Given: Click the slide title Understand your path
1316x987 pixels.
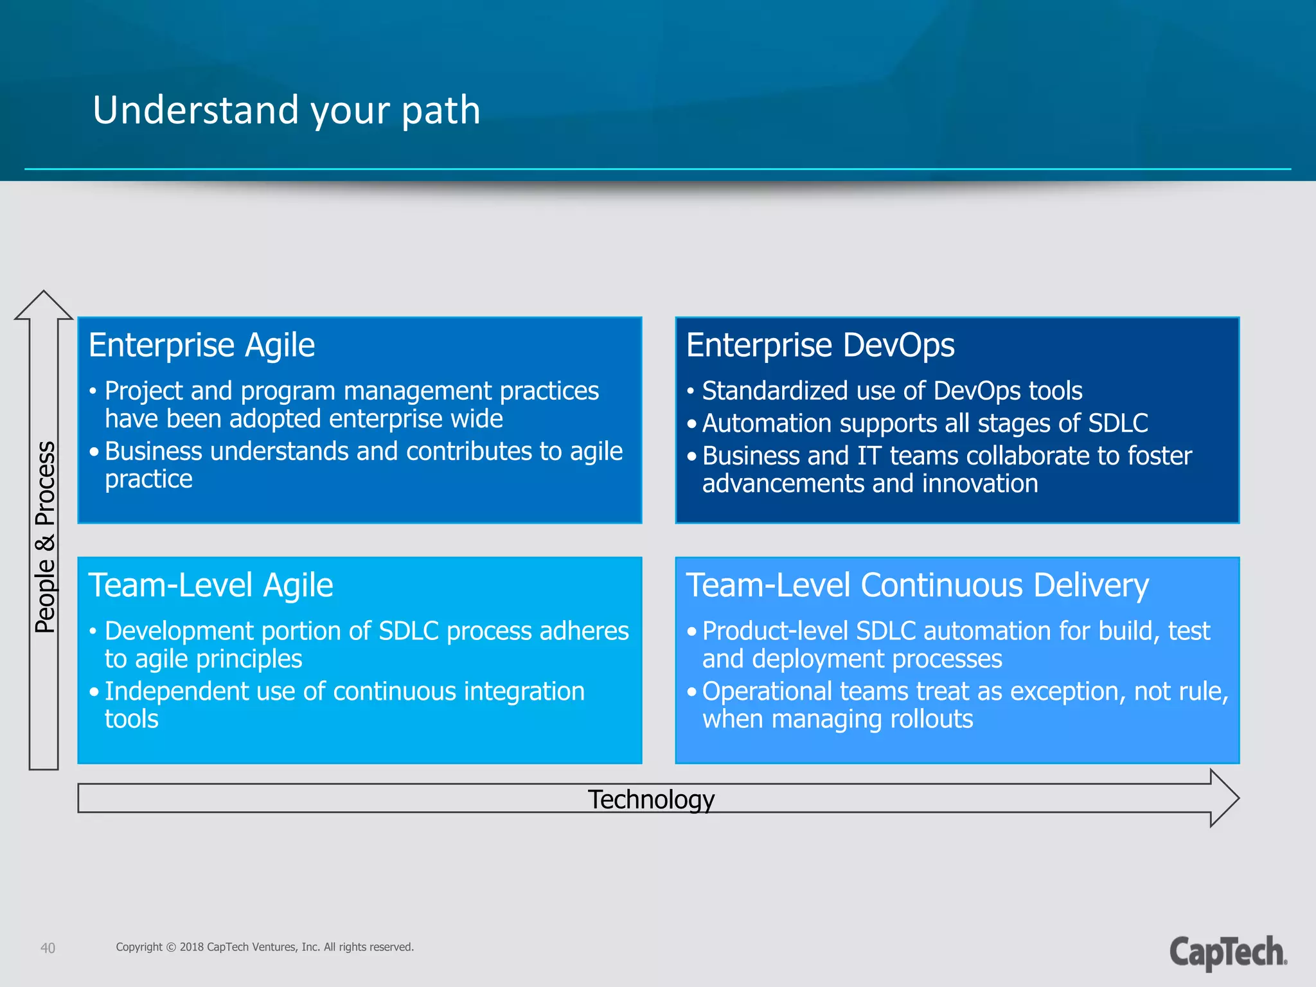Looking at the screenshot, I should coord(287,110).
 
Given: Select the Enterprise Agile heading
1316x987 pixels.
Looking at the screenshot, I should coord(202,345).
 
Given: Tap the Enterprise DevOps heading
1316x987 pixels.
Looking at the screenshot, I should coord(820,345).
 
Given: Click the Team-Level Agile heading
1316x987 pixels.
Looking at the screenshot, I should coord(211,585).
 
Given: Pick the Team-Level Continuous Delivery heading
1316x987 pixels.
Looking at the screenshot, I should coord(917,585).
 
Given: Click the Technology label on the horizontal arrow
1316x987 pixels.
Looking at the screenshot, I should coord(651,799).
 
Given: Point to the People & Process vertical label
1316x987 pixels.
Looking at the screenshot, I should coord(45,537).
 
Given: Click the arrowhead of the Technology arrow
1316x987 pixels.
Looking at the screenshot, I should coord(1224,798).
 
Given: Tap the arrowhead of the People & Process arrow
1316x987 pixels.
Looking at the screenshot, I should coord(44,305).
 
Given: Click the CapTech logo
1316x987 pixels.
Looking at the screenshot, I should coord(1227,952).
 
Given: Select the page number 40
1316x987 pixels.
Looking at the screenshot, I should coord(48,948).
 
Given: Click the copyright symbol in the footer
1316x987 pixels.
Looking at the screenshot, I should coord(171,947).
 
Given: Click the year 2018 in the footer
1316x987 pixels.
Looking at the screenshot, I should coord(191,947).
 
